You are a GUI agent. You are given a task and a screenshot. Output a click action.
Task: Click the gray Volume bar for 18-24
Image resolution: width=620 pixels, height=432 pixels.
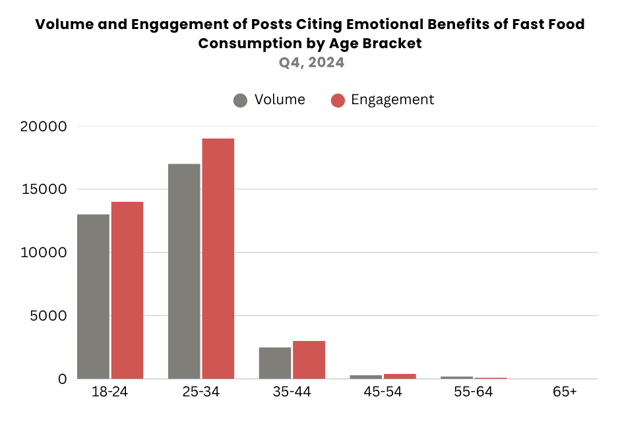coord(93,296)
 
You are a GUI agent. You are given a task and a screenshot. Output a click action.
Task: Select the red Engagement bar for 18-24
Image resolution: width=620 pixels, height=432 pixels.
coord(127,290)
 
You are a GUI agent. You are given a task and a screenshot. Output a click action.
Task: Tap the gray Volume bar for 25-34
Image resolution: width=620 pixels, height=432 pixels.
coord(184,271)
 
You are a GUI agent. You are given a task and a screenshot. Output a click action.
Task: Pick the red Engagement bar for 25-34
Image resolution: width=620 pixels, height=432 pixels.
coord(218,259)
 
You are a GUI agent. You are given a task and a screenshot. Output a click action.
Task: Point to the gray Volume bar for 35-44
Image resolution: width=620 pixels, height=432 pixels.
coord(275,363)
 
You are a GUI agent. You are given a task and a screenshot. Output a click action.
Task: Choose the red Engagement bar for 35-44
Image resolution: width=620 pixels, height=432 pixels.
coord(309,359)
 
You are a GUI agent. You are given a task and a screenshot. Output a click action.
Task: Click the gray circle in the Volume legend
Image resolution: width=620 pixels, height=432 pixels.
coord(240,100)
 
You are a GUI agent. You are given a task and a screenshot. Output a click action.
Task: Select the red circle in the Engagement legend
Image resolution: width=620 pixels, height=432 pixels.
coord(338,100)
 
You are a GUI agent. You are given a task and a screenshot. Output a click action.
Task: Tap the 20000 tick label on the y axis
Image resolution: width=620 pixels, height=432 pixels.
coord(44,126)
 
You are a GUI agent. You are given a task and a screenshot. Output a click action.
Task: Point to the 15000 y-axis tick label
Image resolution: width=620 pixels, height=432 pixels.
coord(44,189)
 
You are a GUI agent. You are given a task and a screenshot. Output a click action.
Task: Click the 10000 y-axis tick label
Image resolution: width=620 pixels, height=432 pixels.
coord(44,253)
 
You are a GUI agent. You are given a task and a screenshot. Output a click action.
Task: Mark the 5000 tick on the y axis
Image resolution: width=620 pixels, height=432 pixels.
coord(48,316)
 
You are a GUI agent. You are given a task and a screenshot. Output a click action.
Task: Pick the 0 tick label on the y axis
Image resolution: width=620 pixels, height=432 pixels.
coord(63,379)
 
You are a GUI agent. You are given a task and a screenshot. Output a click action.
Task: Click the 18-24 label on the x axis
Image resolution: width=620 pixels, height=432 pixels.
coord(110,392)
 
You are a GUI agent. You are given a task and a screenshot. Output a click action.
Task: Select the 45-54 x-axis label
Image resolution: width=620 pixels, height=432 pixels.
coord(383,392)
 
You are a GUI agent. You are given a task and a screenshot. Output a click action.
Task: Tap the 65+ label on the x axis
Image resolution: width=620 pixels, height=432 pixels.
coord(565,392)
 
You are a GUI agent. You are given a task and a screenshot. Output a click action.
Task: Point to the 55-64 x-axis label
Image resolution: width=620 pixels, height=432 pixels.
coord(474,392)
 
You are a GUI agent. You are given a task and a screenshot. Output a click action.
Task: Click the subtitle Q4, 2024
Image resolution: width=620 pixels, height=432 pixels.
coord(311,63)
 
